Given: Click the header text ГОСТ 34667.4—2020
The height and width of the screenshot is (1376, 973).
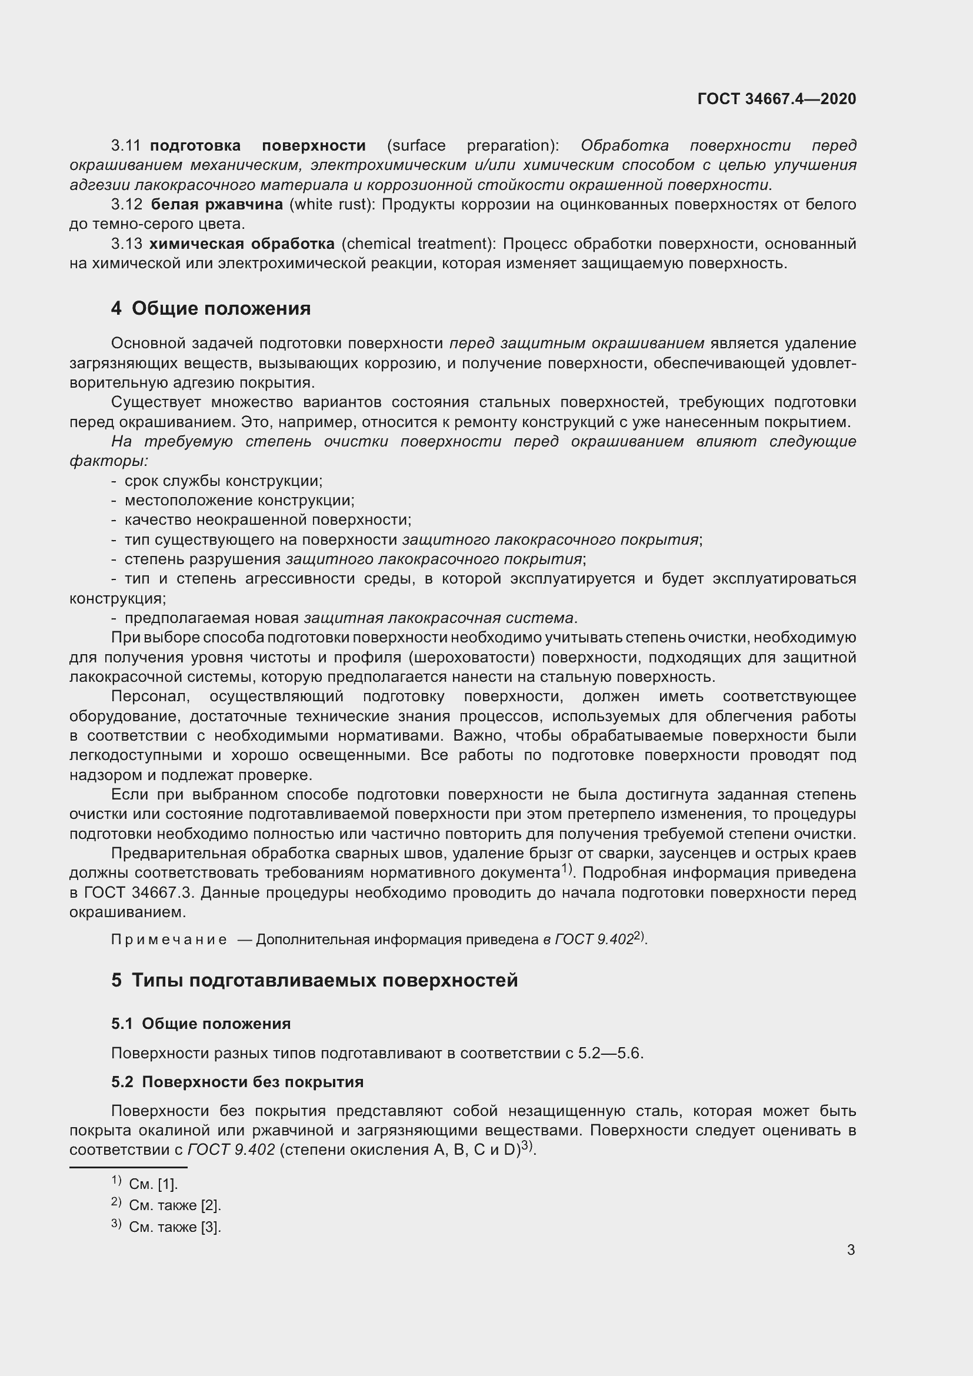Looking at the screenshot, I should (777, 99).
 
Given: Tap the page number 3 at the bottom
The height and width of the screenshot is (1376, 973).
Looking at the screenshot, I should (851, 1250).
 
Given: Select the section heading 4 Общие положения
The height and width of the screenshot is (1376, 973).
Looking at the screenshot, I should (211, 309).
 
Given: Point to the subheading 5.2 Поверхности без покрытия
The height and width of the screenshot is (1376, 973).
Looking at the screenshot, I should (237, 1082).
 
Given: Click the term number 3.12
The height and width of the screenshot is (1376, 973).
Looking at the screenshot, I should (126, 204).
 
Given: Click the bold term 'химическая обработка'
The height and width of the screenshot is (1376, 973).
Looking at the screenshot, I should (241, 244).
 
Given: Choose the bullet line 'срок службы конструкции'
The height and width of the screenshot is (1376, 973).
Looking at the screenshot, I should (223, 481).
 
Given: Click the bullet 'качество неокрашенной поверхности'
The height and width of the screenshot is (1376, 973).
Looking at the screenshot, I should (267, 520).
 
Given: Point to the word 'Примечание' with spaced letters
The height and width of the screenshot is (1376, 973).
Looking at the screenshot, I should (168, 939).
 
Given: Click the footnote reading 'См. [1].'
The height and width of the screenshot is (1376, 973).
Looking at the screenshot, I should (154, 1184).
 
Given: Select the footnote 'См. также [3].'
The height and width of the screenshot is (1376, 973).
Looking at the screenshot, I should (174, 1227).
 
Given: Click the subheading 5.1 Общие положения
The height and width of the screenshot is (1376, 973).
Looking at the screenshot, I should (201, 1024).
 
